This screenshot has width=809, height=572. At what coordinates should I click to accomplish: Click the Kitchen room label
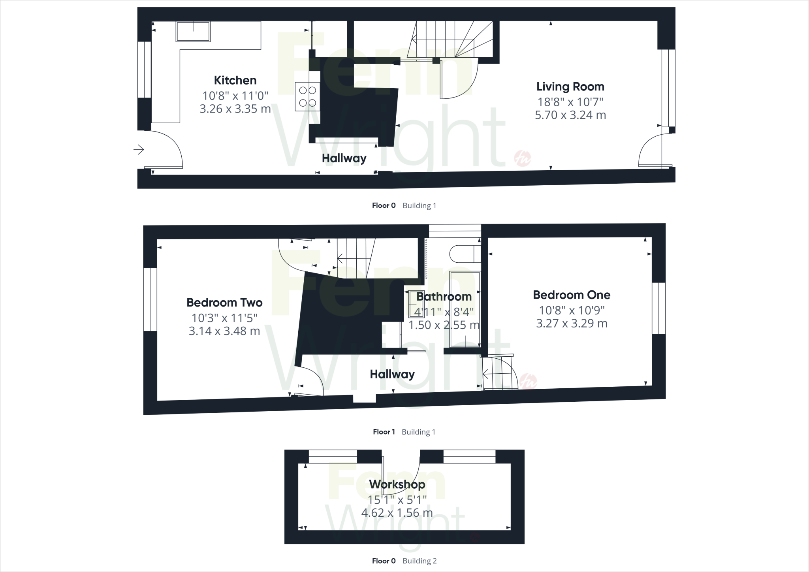[235, 80]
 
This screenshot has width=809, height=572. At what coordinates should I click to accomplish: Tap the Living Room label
[570, 87]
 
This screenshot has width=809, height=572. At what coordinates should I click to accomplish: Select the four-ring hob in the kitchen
[307, 97]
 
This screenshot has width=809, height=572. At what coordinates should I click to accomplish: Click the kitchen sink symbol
[193, 32]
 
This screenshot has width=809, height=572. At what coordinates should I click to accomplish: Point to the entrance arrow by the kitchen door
[139, 150]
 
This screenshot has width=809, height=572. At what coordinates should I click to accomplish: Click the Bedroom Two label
[224, 303]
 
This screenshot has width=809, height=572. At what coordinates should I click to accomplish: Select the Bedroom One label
[572, 295]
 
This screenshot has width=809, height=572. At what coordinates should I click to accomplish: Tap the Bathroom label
[444, 296]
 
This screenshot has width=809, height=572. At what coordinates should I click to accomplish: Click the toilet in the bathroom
[465, 254]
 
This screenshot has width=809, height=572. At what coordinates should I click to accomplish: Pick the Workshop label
[397, 484]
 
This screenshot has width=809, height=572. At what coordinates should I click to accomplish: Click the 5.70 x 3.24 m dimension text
[570, 115]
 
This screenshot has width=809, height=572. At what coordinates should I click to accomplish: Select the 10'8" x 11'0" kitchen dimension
[235, 96]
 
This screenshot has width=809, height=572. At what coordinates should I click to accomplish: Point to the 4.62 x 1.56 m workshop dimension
[397, 513]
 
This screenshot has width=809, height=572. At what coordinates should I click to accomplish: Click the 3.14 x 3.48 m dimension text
[224, 331]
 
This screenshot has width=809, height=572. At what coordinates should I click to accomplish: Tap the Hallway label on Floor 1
[392, 374]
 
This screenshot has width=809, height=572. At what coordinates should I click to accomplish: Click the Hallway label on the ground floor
[344, 158]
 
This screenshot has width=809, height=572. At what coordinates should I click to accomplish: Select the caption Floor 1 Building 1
[404, 432]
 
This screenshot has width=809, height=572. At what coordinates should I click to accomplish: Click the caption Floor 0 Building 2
[404, 561]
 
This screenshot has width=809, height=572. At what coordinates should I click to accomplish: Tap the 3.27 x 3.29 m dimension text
[572, 324]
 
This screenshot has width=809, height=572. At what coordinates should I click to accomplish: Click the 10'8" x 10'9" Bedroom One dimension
[572, 310]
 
